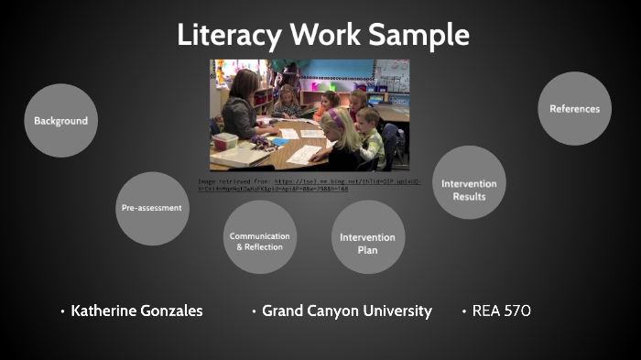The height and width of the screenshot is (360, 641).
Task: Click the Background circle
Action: point(60,120)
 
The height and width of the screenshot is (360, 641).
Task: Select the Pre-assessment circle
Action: point(152,208)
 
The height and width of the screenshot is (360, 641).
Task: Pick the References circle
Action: point(574,108)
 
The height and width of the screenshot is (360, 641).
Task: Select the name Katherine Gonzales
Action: point(136,311)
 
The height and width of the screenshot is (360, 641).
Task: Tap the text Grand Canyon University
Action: point(346,311)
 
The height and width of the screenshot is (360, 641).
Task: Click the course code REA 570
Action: point(501,311)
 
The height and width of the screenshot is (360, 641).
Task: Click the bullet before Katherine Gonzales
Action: point(62,311)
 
